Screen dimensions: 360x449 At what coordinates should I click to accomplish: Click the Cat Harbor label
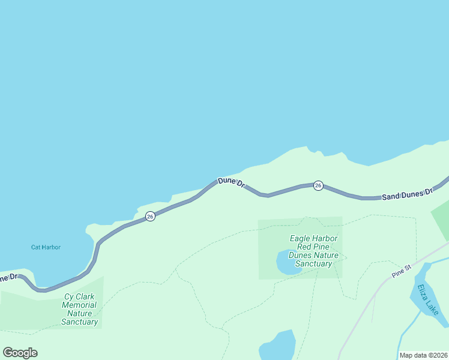point(46,247)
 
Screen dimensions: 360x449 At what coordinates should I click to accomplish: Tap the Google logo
point(20,353)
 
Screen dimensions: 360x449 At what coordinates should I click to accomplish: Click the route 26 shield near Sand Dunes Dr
point(319,185)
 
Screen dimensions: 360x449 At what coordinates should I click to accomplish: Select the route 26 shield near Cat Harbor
point(150,216)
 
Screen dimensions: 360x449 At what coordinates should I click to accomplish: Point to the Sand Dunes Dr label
point(408,194)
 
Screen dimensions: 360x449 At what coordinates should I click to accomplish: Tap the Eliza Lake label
point(429,299)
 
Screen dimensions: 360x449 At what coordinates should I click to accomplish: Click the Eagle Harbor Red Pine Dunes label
point(313,251)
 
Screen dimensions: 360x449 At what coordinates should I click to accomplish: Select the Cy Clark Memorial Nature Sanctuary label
point(80,309)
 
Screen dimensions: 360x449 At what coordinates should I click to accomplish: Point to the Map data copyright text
point(423,355)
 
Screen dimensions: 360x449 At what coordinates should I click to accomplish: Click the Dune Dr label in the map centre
point(232,182)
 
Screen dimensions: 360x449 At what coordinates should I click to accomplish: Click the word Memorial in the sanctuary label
point(80,305)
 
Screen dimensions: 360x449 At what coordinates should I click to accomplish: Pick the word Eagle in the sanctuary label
point(300,238)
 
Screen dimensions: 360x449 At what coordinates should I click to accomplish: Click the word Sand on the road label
point(391,196)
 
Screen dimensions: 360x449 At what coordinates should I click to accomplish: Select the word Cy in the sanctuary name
point(70,296)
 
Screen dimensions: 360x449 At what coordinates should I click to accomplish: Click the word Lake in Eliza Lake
point(432,307)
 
